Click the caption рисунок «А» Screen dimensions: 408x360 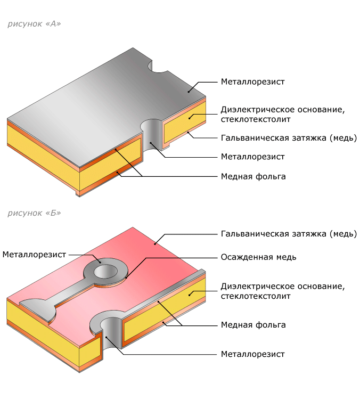point(34,25)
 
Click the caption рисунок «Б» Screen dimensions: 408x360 point(34,213)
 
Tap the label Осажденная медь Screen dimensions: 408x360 point(258,257)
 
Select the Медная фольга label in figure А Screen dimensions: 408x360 point(253,176)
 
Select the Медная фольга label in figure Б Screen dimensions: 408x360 point(253,325)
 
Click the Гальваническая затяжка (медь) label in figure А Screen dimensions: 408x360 point(288,137)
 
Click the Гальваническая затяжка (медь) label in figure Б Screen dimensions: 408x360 point(288,233)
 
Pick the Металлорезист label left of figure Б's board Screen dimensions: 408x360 point(34,255)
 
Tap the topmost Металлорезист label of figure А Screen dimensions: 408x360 point(252,82)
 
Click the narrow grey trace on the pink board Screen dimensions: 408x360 point(61,292)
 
